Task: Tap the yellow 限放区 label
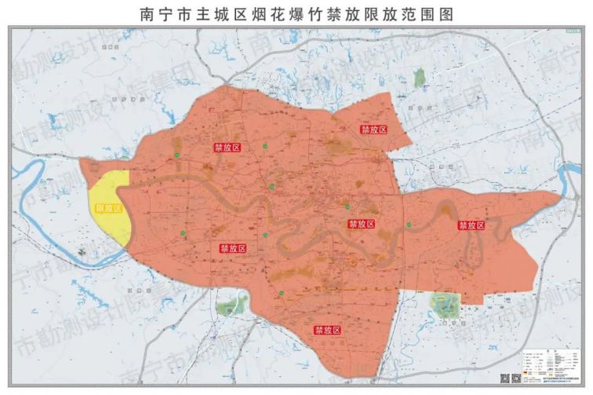(108, 208)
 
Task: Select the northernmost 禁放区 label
(373, 129)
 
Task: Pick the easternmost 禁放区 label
(471, 225)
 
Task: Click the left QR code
(506, 378)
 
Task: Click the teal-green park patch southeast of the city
(445, 304)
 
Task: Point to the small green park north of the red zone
(420, 76)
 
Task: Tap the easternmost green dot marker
(409, 225)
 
